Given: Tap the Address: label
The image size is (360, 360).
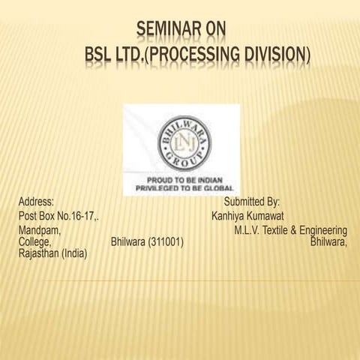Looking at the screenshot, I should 35,202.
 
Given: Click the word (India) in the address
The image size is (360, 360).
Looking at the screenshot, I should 79,255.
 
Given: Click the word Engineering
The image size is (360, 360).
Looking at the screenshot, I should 325,230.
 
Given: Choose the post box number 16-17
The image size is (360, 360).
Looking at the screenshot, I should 83,217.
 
